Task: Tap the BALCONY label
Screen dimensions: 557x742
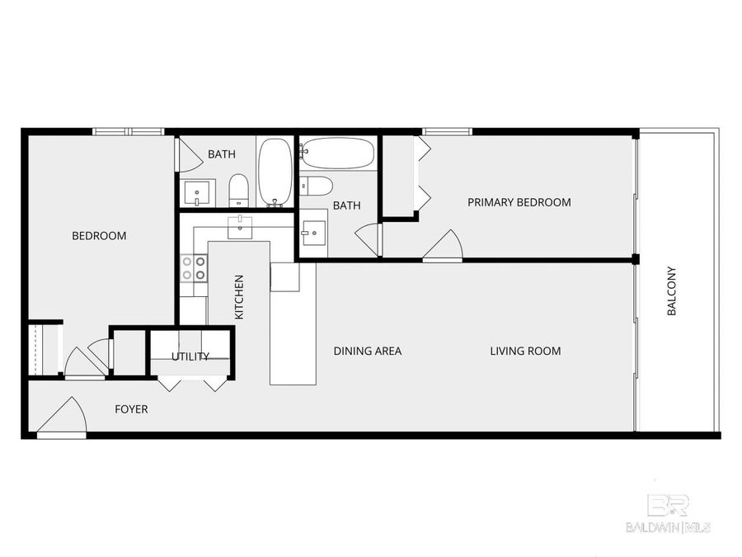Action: point(672,290)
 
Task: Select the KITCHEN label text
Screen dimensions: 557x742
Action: point(239,297)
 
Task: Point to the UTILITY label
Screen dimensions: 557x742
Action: point(190,356)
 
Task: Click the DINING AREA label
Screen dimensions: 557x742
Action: point(367,352)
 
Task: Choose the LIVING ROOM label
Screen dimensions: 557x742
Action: point(525,352)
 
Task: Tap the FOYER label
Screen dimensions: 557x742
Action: point(131,409)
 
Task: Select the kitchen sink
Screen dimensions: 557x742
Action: point(240,227)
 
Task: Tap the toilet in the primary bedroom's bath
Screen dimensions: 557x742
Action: point(316,185)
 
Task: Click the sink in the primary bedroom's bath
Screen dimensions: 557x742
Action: point(313,234)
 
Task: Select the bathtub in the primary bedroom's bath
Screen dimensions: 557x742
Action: point(337,153)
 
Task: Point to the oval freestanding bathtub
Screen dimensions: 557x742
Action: point(275,172)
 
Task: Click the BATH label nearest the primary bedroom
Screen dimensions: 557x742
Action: point(346,205)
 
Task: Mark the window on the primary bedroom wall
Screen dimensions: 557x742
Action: point(448,130)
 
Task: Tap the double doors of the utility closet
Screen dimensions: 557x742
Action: point(192,382)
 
